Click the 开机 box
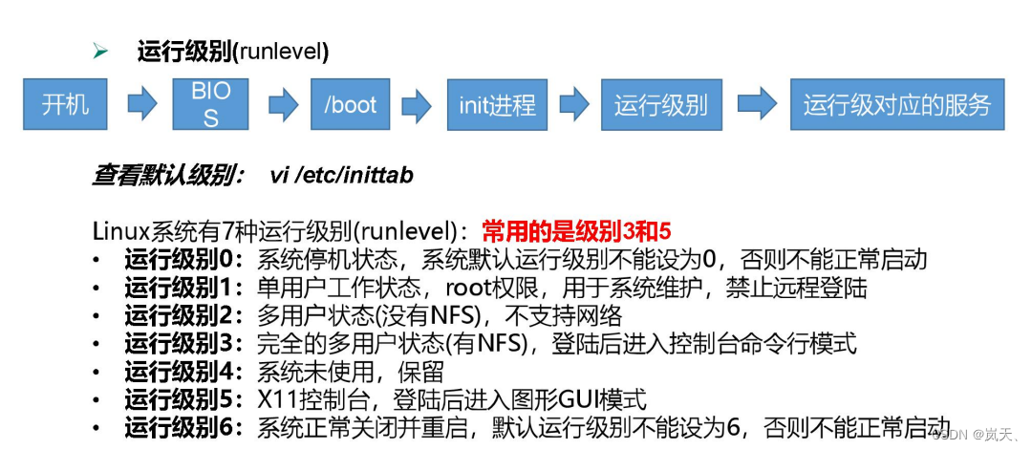pos(65,104)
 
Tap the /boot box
pos(350,104)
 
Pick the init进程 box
pos(497,104)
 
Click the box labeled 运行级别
pos(660,104)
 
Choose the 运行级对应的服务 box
pos(897,104)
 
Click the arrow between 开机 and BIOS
pos(141,104)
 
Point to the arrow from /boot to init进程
pos(416,104)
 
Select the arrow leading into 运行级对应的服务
pos(756,104)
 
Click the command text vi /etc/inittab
pos(341,176)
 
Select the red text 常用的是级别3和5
pos(576,232)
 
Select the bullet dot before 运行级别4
pos(97,371)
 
